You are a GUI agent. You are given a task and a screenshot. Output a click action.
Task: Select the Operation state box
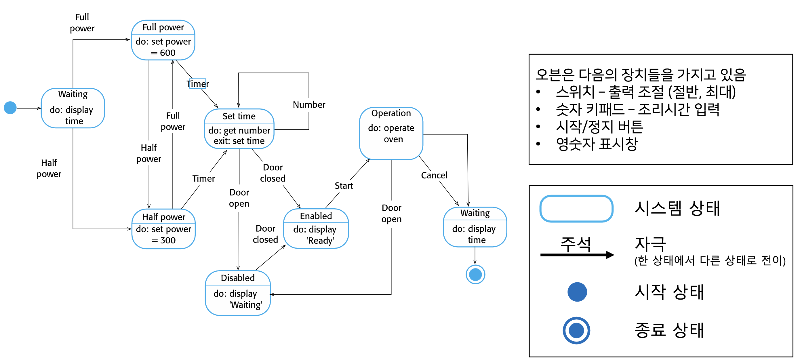[391, 129]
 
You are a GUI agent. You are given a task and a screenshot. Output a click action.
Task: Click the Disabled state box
[239, 292]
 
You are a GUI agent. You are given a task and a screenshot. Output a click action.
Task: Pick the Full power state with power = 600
[163, 40]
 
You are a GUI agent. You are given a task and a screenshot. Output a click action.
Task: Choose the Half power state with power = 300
[163, 229]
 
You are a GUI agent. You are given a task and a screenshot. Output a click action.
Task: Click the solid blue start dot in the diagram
[11, 108]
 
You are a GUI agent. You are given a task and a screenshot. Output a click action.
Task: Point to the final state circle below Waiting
[475, 274]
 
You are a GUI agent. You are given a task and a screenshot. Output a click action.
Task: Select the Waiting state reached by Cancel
[475, 226]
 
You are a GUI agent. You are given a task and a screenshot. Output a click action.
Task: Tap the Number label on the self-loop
[308, 104]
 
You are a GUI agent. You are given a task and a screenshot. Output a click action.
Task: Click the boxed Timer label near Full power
[198, 84]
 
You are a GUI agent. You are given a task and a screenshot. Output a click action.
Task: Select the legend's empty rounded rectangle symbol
[576, 208]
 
